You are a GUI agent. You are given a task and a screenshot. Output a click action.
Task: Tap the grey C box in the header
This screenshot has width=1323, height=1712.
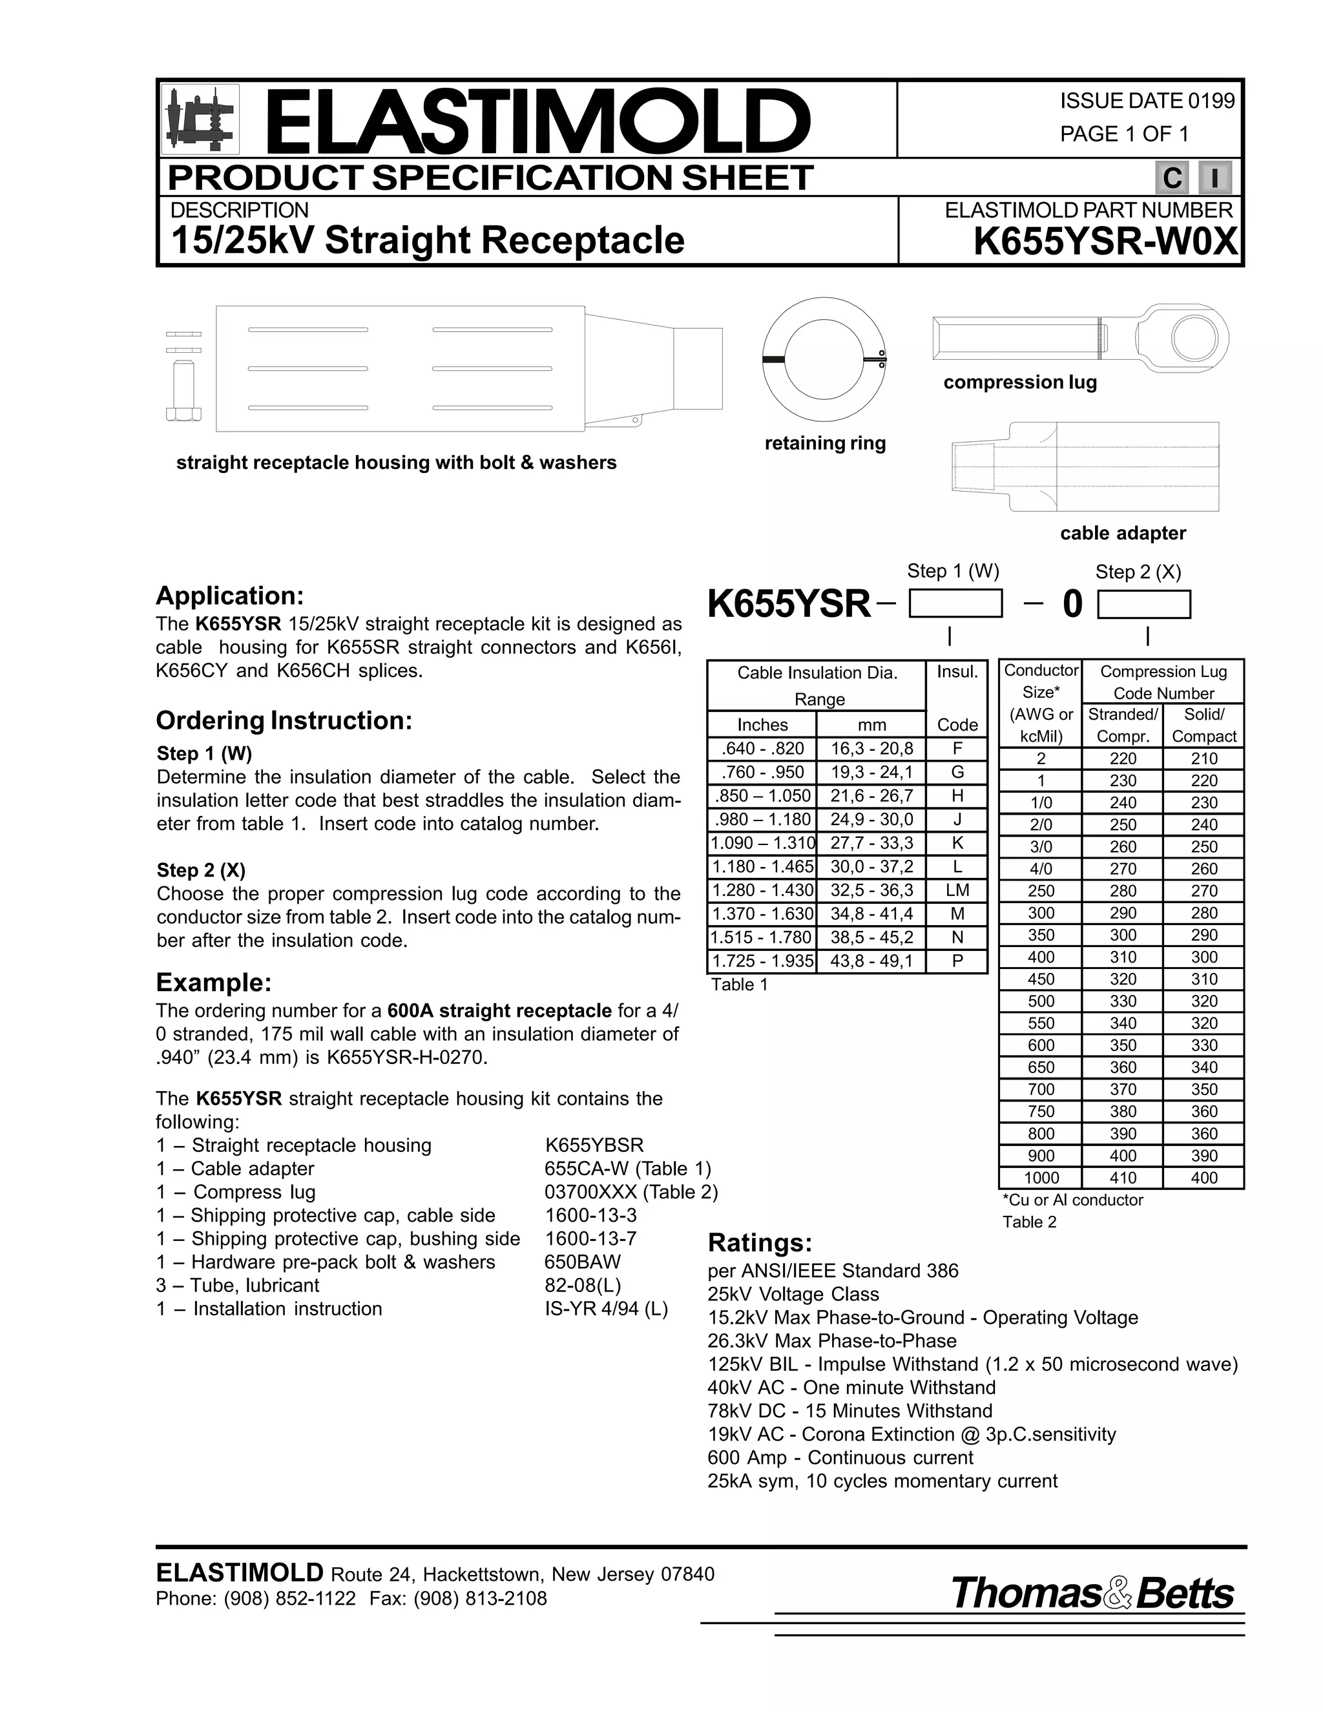tap(1172, 178)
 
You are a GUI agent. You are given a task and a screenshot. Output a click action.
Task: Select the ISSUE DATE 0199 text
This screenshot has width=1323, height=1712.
tap(1147, 101)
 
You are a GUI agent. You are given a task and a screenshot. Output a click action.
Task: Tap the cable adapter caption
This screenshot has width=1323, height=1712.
tap(1122, 533)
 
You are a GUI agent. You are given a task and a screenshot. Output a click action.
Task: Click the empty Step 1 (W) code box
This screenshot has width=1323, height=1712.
tap(955, 605)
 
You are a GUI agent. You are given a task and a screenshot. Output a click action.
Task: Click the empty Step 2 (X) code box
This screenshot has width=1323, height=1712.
tap(1143, 605)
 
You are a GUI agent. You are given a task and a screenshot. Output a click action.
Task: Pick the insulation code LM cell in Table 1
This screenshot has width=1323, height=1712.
tap(957, 890)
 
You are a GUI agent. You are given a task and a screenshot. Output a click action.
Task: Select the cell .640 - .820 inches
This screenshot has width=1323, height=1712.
tap(762, 749)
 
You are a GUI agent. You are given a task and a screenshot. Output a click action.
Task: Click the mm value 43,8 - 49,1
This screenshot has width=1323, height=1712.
tap(871, 961)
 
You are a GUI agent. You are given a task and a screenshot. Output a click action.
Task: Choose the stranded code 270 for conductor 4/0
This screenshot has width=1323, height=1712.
tap(1122, 868)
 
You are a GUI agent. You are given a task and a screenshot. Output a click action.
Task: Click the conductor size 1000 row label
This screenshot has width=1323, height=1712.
tap(1041, 1177)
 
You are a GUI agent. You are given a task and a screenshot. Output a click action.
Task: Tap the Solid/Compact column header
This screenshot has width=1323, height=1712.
tap(1204, 725)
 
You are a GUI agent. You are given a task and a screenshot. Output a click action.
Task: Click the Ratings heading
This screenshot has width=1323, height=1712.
tap(760, 1243)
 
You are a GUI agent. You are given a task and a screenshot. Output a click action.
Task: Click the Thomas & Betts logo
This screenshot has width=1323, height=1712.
tap(1092, 1594)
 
